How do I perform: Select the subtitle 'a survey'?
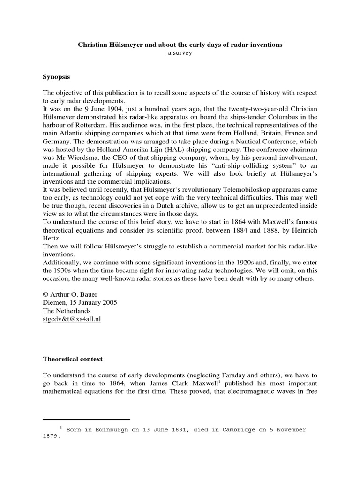180,53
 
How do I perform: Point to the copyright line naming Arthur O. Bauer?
72,294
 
